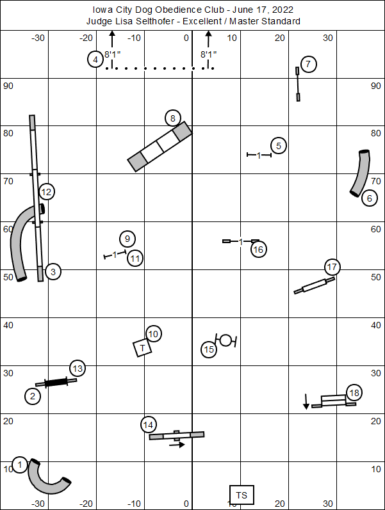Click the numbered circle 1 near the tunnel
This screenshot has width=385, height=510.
pos(20,465)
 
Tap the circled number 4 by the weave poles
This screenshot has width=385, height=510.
pos(95,60)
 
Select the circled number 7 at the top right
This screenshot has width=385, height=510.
pos(308,64)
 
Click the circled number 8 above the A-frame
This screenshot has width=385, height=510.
pos(172,118)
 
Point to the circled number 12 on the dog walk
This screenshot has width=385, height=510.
pos(46,191)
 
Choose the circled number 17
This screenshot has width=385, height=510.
pos(331,267)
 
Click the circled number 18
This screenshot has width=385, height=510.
pos(354,392)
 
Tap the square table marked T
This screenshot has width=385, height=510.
pos(142,347)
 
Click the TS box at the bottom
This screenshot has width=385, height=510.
pos(242,495)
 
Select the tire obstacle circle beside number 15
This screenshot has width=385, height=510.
pos(225,340)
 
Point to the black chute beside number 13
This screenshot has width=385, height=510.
pos(56,382)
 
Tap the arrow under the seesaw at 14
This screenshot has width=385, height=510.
pos(177,445)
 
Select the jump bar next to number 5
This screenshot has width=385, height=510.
pos(259,155)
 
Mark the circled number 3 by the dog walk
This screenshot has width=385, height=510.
pos(53,272)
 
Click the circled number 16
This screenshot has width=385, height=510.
pos(258,249)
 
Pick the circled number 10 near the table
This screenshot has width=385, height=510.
pos(153,333)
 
